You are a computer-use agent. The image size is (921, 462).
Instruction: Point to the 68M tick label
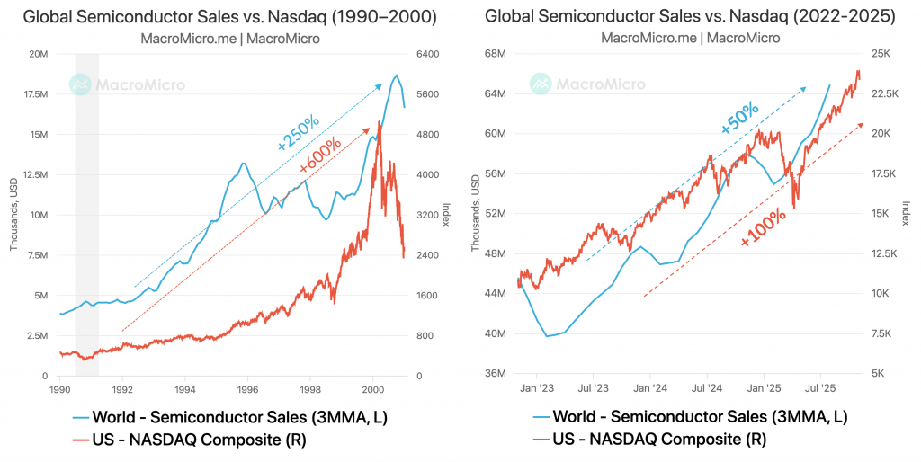[x=497, y=54]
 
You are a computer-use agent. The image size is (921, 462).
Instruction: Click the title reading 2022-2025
[x=689, y=15]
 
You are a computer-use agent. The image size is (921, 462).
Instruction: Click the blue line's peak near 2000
[x=396, y=76]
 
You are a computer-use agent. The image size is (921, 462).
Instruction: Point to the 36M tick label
[x=497, y=374]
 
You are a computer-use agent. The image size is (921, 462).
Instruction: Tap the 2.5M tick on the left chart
[x=37, y=335]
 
